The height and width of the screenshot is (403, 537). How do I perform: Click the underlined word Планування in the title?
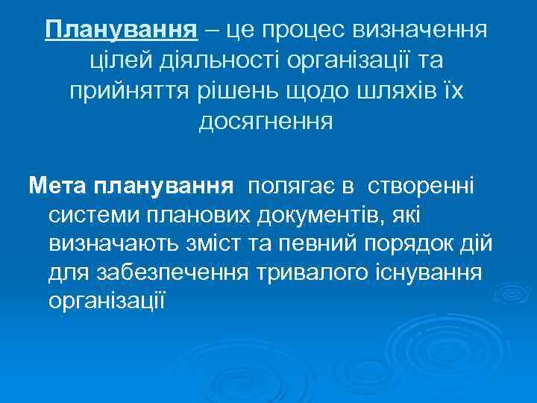click(121, 31)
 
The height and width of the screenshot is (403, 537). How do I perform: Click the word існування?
click(424, 273)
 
